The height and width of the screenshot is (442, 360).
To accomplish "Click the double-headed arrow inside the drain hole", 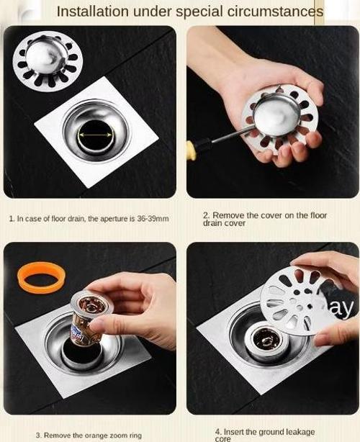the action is pyautogui.click(x=95, y=135).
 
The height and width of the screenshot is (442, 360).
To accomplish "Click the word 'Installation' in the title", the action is pyautogui.click(x=93, y=12).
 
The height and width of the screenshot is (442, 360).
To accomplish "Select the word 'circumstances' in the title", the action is pyautogui.click(x=275, y=12).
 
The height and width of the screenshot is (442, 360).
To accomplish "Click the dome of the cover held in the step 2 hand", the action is pyautogui.click(x=276, y=116).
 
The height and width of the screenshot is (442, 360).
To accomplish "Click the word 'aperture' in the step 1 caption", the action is pyautogui.click(x=111, y=219).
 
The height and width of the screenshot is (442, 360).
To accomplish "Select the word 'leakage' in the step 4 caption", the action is pyautogui.click(x=300, y=432).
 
